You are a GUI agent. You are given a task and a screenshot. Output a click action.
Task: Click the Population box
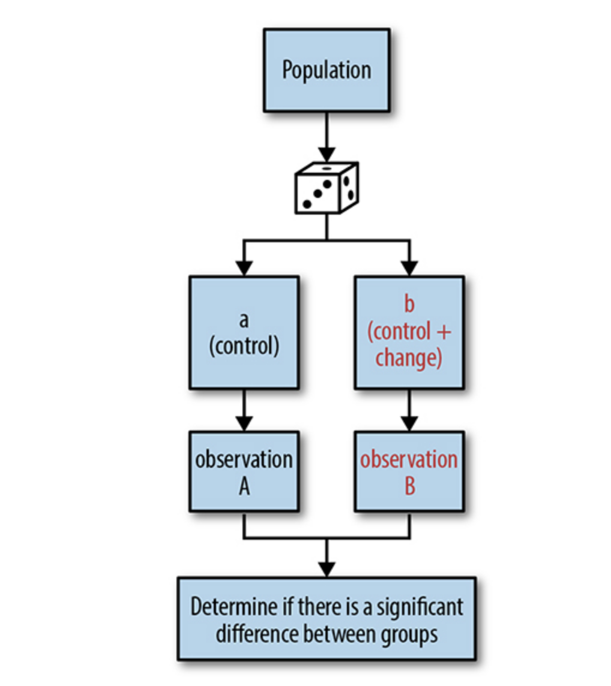327,70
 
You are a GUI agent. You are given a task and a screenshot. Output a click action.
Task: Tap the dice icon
327,187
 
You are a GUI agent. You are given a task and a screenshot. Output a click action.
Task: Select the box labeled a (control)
244,332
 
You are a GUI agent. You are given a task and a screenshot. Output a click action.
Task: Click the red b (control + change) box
409,332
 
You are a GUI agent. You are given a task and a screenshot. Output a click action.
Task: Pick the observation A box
244,471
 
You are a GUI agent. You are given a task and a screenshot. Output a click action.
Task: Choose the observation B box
409,471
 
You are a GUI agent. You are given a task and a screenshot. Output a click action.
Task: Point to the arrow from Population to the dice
327,135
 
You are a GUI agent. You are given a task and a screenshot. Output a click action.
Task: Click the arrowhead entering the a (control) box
244,268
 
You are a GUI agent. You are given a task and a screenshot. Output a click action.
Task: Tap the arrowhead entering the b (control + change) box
409,268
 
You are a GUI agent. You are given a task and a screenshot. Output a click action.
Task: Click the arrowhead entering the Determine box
327,569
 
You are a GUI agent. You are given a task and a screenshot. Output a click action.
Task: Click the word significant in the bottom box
420,606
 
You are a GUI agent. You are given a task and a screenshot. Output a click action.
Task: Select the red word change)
409,359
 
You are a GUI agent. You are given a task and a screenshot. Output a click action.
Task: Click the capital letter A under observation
244,486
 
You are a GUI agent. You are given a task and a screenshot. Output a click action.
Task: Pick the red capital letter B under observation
409,486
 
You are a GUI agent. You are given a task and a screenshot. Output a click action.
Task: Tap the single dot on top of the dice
326,169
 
